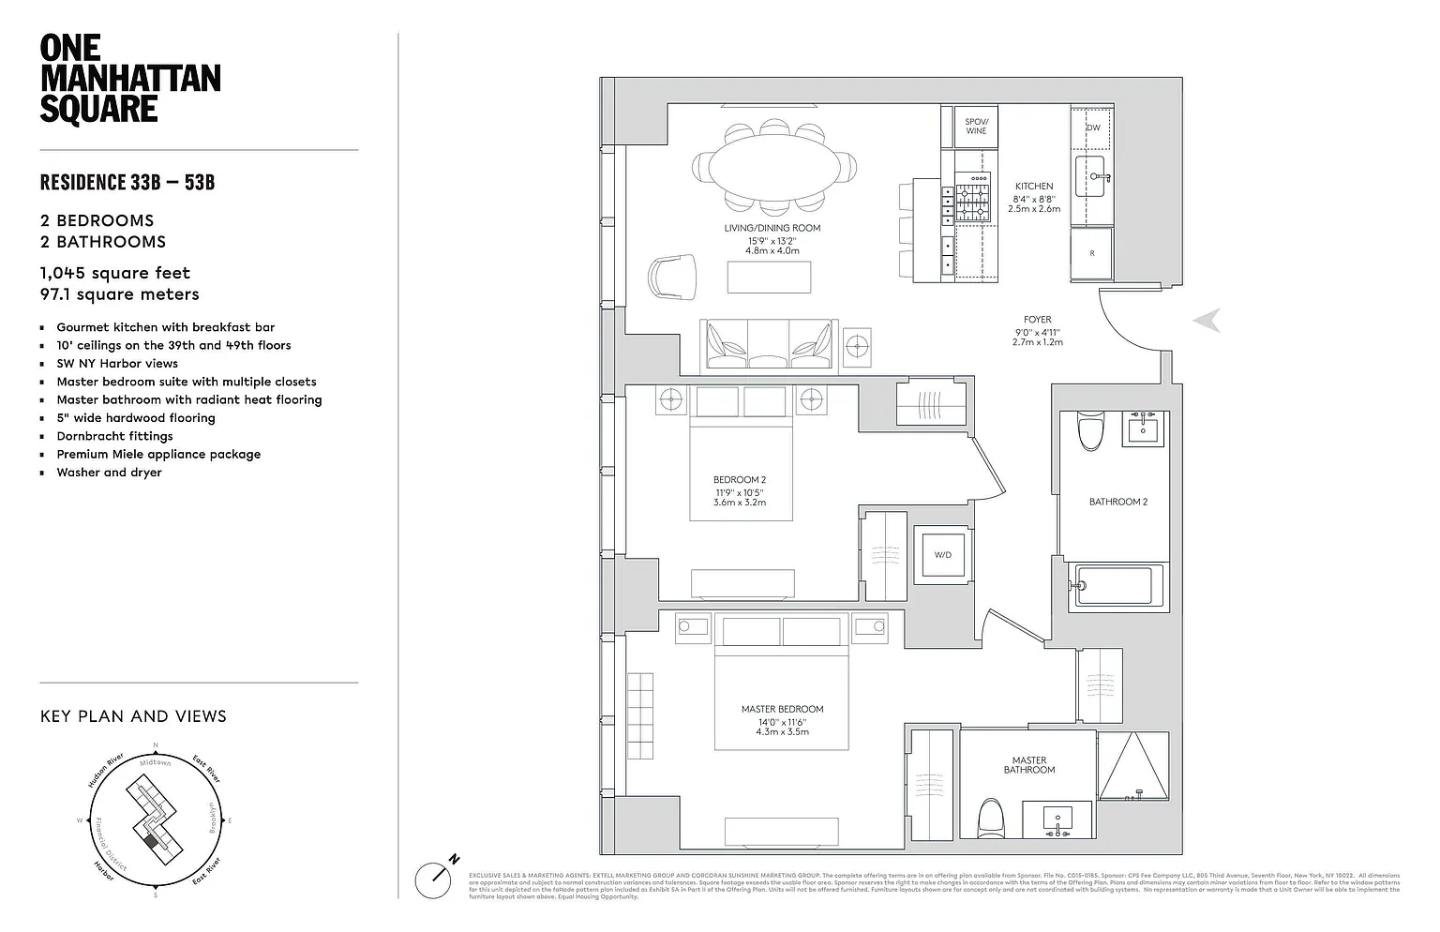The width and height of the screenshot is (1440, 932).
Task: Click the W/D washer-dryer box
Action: [942, 555]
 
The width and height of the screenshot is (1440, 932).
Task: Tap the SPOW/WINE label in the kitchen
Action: [976, 126]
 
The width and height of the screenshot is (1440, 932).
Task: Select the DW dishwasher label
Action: [1093, 128]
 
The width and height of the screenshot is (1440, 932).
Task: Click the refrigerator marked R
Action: [1092, 253]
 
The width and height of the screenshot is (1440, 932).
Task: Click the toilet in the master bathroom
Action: [990, 819]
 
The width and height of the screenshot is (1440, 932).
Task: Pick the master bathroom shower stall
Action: [1134, 766]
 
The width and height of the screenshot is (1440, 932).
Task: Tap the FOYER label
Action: [1037, 320]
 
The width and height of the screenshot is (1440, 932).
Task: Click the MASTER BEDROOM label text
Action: [782, 709]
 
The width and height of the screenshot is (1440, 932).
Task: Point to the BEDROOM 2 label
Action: [739, 480]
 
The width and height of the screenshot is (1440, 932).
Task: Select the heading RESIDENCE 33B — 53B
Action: [127, 182]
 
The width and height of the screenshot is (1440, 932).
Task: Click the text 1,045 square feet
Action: [115, 273]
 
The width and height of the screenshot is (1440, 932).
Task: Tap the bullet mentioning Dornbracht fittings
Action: [114, 436]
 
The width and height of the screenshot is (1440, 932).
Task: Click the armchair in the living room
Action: [672, 277]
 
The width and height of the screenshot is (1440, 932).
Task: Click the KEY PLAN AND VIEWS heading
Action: [133, 716]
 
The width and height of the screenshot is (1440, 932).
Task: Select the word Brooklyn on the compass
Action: [214, 818]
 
